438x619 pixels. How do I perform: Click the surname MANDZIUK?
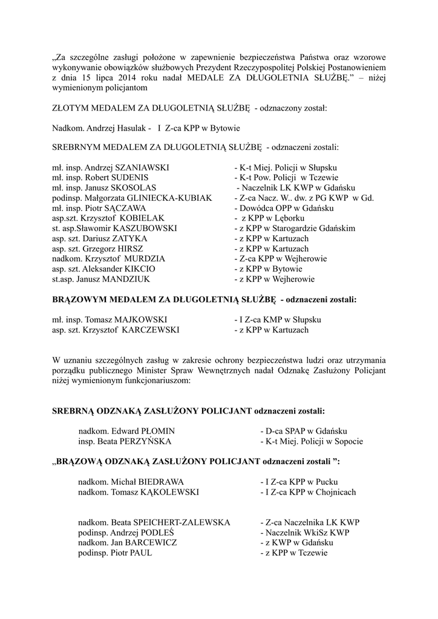(129, 279)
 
